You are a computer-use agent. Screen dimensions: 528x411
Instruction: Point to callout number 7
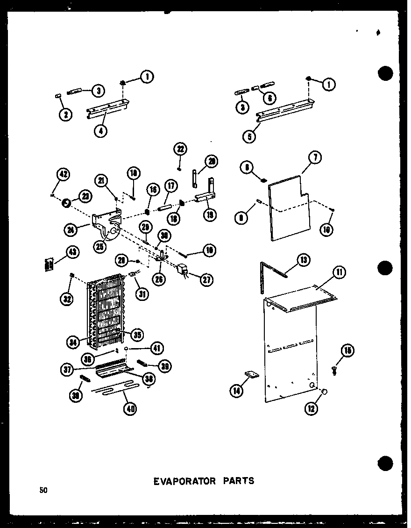point(315,158)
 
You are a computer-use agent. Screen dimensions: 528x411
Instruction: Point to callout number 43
point(72,252)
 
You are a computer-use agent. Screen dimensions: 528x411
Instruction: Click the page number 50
point(43,490)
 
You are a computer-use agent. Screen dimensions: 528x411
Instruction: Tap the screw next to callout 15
point(335,369)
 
